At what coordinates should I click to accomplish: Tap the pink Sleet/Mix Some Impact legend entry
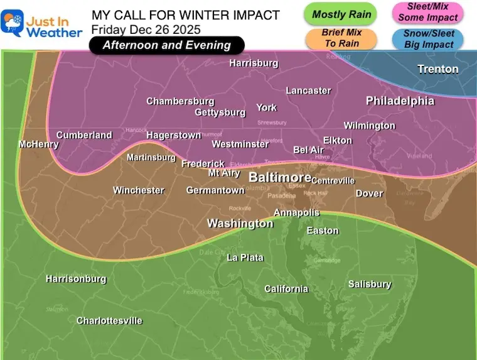point(427,12)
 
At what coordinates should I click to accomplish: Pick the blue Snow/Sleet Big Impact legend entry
point(427,39)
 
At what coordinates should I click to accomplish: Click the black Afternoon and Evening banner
point(166,45)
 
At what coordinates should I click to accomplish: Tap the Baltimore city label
point(280,178)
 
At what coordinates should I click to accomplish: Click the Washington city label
point(240,224)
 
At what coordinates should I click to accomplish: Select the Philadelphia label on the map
point(400,101)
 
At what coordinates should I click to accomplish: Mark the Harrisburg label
point(254,63)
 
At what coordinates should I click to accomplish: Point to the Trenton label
point(437,69)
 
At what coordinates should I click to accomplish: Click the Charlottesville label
point(109,321)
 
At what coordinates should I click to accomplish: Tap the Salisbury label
point(370,285)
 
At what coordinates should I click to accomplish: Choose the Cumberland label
point(84,135)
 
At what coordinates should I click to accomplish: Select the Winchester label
point(139,190)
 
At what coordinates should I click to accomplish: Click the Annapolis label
point(297,213)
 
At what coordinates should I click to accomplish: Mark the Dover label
point(369,194)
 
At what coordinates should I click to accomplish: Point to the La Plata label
point(245,258)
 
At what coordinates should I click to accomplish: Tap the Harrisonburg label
point(76,279)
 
